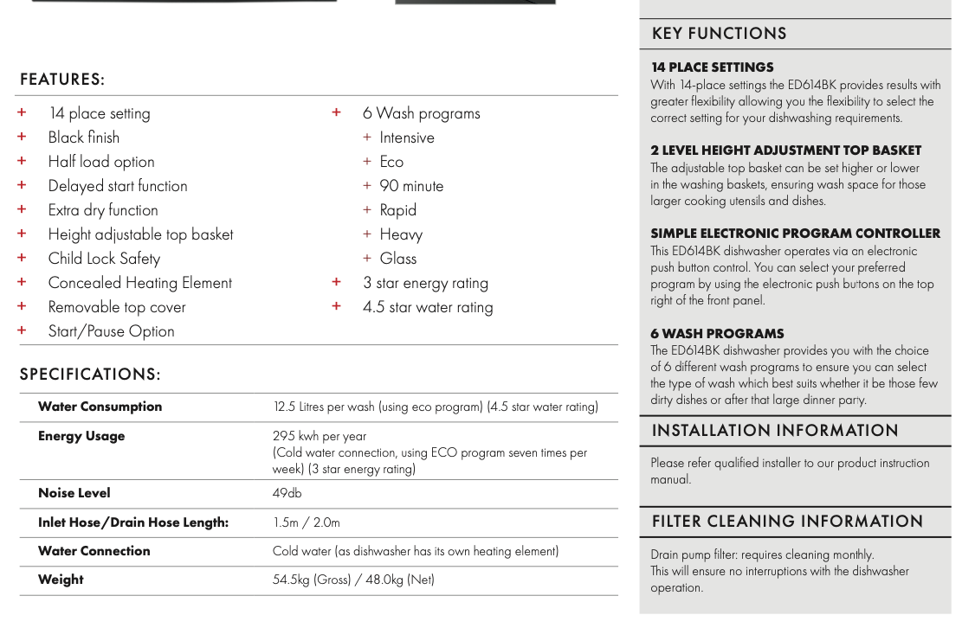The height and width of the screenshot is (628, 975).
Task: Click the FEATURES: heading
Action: coord(62,80)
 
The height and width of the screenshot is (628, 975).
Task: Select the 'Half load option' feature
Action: coord(101,162)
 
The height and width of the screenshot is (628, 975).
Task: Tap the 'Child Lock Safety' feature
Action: coord(104,259)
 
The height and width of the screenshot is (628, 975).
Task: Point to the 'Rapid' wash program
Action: coord(397,210)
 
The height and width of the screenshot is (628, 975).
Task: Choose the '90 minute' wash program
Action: coord(411,186)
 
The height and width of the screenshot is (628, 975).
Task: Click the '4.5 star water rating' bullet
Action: coord(428,307)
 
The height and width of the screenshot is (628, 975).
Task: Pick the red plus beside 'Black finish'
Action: coord(22,137)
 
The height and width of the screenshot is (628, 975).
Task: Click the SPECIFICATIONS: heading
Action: coord(90,375)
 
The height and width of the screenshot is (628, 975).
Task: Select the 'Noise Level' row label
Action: coord(74,493)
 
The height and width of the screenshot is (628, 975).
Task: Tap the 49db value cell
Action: coord(287,493)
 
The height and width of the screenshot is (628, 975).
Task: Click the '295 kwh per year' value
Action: coord(320,436)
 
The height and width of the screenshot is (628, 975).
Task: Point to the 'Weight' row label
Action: coord(61,580)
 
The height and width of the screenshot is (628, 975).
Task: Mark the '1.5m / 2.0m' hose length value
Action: coord(307,522)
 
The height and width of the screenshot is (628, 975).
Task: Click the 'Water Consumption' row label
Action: coord(100,407)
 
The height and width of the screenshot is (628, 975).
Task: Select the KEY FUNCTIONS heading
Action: coord(719,34)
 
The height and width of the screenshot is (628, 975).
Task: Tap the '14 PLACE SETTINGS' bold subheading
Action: coord(712,67)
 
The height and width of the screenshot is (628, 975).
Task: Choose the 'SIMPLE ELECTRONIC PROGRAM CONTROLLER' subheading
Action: coord(795,234)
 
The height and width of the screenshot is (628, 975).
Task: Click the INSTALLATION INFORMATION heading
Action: coord(775,431)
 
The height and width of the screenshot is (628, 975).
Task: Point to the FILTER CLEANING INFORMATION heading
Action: coord(787,522)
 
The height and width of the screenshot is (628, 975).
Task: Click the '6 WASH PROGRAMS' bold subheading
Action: coord(717,334)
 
